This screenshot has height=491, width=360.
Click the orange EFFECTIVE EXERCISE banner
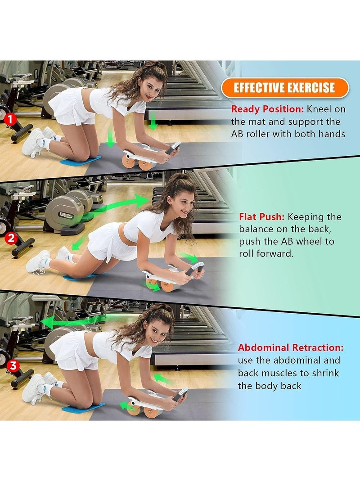click(285, 88)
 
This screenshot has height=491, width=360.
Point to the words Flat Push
click(261, 217)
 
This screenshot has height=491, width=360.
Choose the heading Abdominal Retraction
click(290, 348)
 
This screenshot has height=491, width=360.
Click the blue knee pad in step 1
click(81, 160)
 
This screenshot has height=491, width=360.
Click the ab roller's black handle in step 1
click(173, 148)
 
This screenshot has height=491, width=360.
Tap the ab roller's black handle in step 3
click(180, 394)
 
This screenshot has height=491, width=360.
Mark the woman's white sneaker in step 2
click(38, 262)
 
